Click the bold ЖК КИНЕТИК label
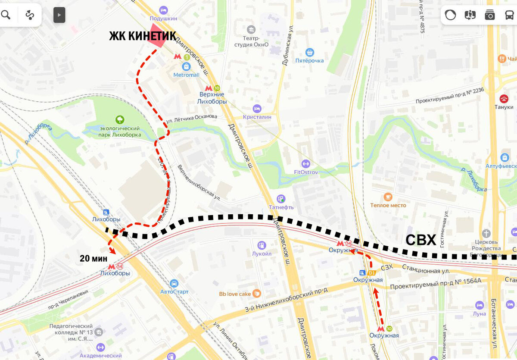click(142, 36)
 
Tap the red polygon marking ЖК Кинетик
click(156, 40)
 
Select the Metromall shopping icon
click(186, 66)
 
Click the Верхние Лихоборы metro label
click(211, 98)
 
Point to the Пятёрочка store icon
click(309, 52)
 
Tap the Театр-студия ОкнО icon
click(251, 29)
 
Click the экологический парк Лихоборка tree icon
click(120, 119)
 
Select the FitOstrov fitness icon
click(305, 163)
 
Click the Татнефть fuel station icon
click(281, 199)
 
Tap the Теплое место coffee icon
click(388, 197)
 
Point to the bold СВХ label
click(420, 240)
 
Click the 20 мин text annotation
click(93, 259)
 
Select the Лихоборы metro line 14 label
click(115, 273)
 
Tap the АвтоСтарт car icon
click(174, 283)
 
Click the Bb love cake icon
click(257, 294)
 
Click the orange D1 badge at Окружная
click(372, 273)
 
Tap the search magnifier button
click(6, 15)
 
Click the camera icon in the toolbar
click(489, 15)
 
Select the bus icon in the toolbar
click(509, 15)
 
